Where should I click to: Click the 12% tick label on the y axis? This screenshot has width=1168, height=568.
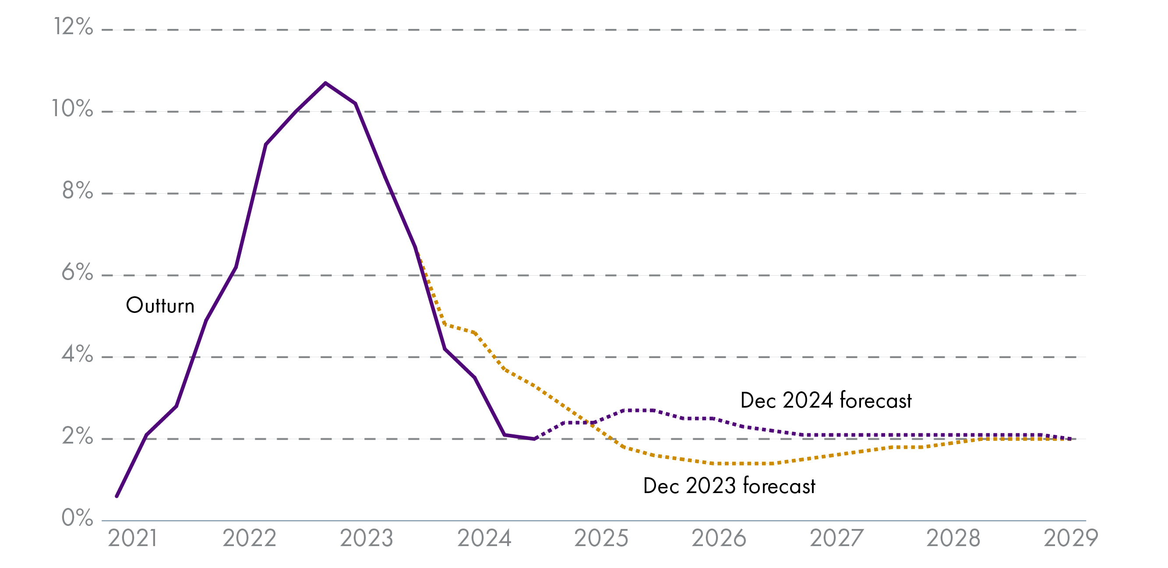point(74,27)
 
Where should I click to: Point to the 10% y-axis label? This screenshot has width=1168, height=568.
point(73,109)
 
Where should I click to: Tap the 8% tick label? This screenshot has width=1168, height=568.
point(78,191)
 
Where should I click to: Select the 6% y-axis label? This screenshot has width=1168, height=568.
point(77,272)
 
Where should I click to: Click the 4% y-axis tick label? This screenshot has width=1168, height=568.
point(77,354)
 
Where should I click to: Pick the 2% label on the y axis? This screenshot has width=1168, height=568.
point(77,436)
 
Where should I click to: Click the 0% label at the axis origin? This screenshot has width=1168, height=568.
point(77,518)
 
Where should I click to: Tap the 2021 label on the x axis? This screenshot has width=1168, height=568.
point(132,539)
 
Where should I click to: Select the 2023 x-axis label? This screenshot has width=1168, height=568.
point(367,539)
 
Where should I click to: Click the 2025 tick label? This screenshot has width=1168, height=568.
point(601,539)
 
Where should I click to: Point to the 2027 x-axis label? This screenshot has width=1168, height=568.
point(836,539)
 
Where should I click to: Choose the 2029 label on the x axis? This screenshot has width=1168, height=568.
point(1070,539)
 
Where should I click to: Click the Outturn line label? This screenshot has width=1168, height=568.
point(160,305)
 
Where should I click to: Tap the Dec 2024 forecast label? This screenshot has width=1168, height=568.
point(826,401)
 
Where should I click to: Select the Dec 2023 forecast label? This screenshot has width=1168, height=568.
point(729,486)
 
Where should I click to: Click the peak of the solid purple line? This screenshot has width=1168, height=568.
point(325,83)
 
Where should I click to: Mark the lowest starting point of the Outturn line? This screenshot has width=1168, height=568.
point(116,496)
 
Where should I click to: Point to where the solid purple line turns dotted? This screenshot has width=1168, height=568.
point(535,439)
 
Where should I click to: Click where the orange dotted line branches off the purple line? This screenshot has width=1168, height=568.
point(416,248)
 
